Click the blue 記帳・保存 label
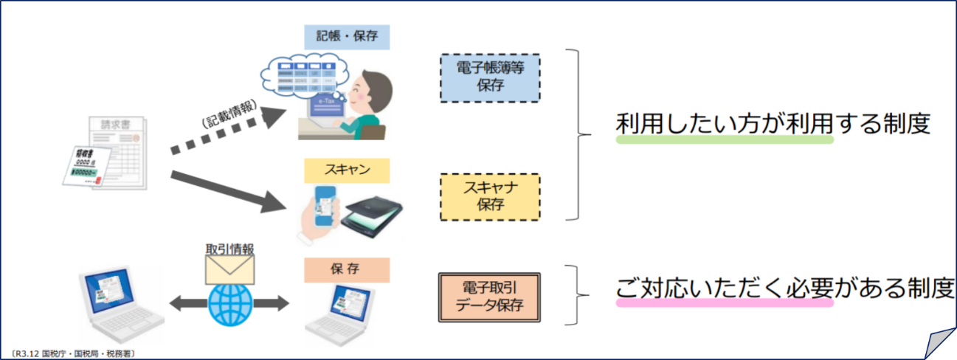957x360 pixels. pyautogui.click(x=347, y=36)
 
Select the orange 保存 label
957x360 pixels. pyautogui.click(x=346, y=270)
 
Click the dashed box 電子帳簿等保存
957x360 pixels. pyautogui.click(x=489, y=76)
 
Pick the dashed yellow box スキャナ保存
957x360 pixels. pyautogui.click(x=489, y=196)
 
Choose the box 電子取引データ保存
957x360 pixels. pyautogui.click(x=489, y=297)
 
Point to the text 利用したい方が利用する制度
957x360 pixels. pyautogui.click(x=771, y=124)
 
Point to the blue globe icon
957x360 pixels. pyautogui.click(x=229, y=304)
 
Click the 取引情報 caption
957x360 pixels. pyautogui.click(x=229, y=249)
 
